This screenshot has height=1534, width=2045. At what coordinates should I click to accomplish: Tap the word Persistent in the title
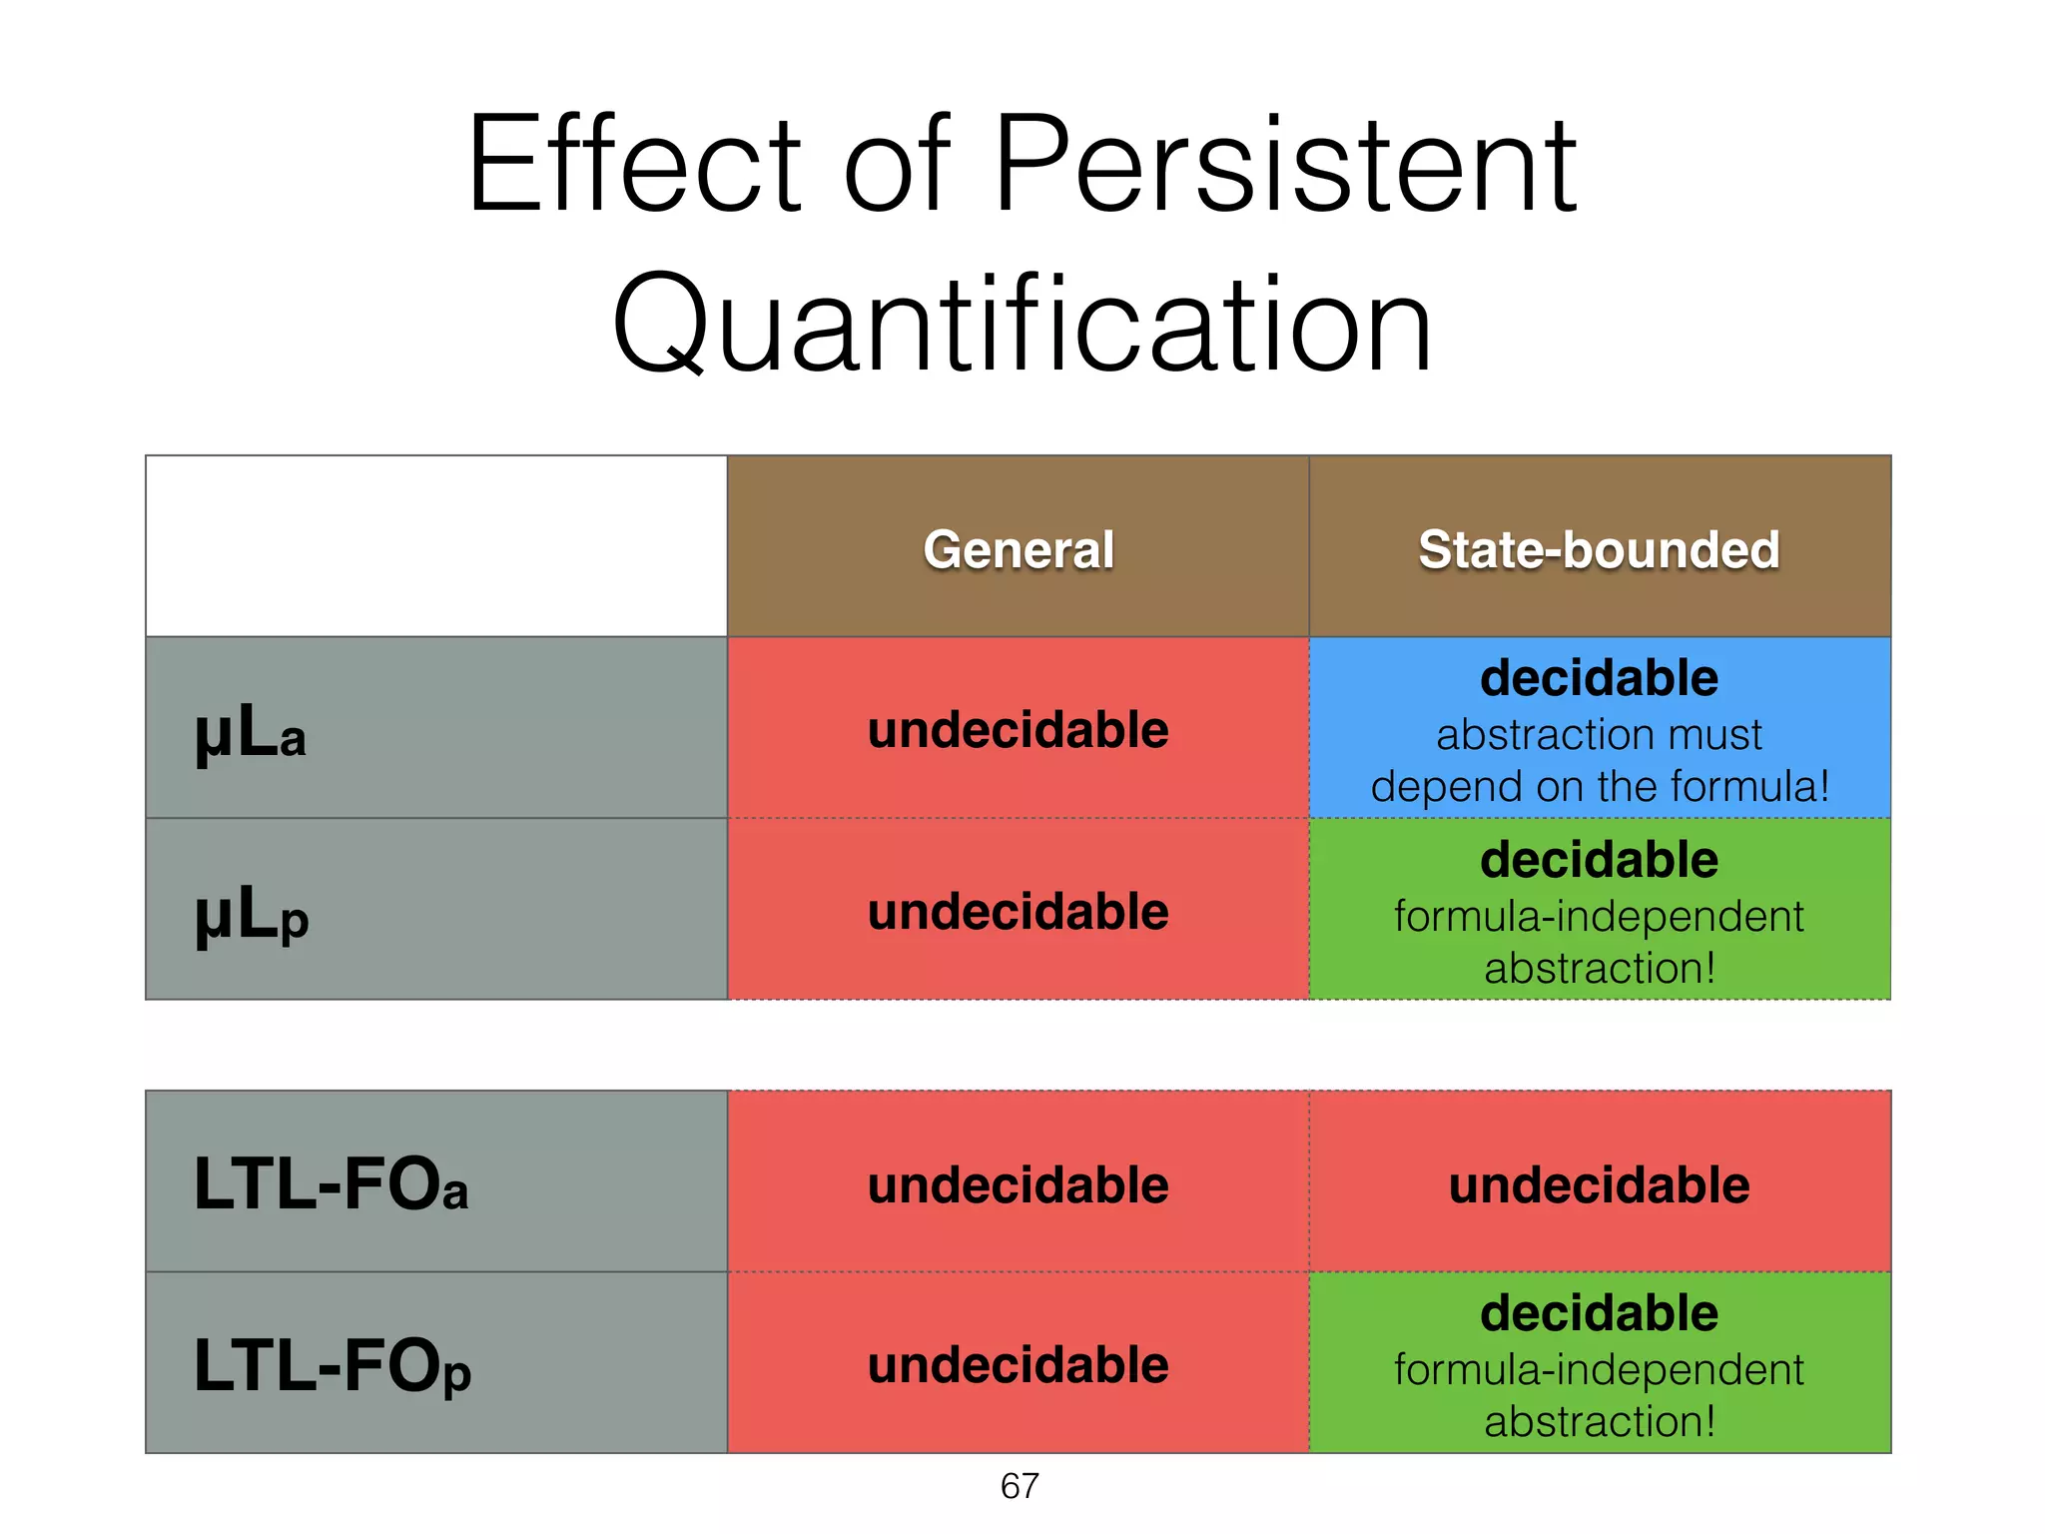pyautogui.click(x=1285, y=165)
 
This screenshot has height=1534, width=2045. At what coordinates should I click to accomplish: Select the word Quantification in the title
pyautogui.click(x=1022, y=325)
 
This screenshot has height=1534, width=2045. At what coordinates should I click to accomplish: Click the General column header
pyautogui.click(x=1018, y=549)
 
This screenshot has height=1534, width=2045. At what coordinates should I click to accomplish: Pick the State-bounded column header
pyautogui.click(x=1599, y=549)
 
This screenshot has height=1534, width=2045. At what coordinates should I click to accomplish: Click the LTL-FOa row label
pyautogui.click(x=331, y=1184)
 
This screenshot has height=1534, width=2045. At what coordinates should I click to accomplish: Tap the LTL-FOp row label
pyautogui.click(x=332, y=1366)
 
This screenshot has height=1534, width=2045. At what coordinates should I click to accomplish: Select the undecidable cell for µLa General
pyautogui.click(x=1018, y=729)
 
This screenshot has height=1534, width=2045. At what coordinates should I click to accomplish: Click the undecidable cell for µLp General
pyautogui.click(x=1018, y=911)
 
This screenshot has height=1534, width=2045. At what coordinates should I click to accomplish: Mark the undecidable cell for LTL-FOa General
pyautogui.click(x=1018, y=1184)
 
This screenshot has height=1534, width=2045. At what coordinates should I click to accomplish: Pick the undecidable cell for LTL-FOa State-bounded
pyautogui.click(x=1599, y=1184)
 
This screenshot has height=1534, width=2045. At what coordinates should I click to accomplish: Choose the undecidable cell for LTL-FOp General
pyautogui.click(x=1018, y=1364)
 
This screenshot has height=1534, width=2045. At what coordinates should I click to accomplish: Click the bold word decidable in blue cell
pyautogui.click(x=1599, y=678)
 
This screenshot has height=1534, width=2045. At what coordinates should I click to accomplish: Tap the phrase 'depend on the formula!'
pyautogui.click(x=1599, y=786)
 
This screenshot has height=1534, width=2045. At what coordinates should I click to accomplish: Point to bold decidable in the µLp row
pyautogui.click(x=1599, y=860)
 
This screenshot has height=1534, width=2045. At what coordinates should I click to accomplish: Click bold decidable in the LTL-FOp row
pyautogui.click(x=1599, y=1312)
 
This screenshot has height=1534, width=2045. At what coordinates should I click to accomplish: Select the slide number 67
pyautogui.click(x=1020, y=1486)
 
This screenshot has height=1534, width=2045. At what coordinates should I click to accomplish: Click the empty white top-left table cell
pyautogui.click(x=436, y=546)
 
